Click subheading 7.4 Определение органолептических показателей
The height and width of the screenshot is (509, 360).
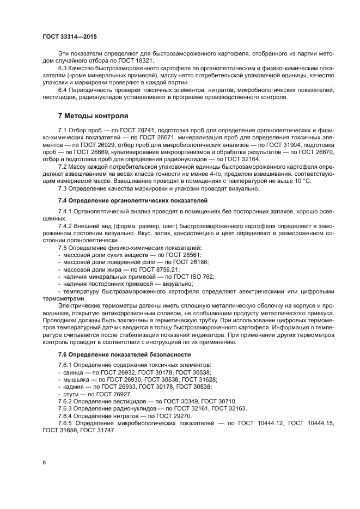132,200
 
